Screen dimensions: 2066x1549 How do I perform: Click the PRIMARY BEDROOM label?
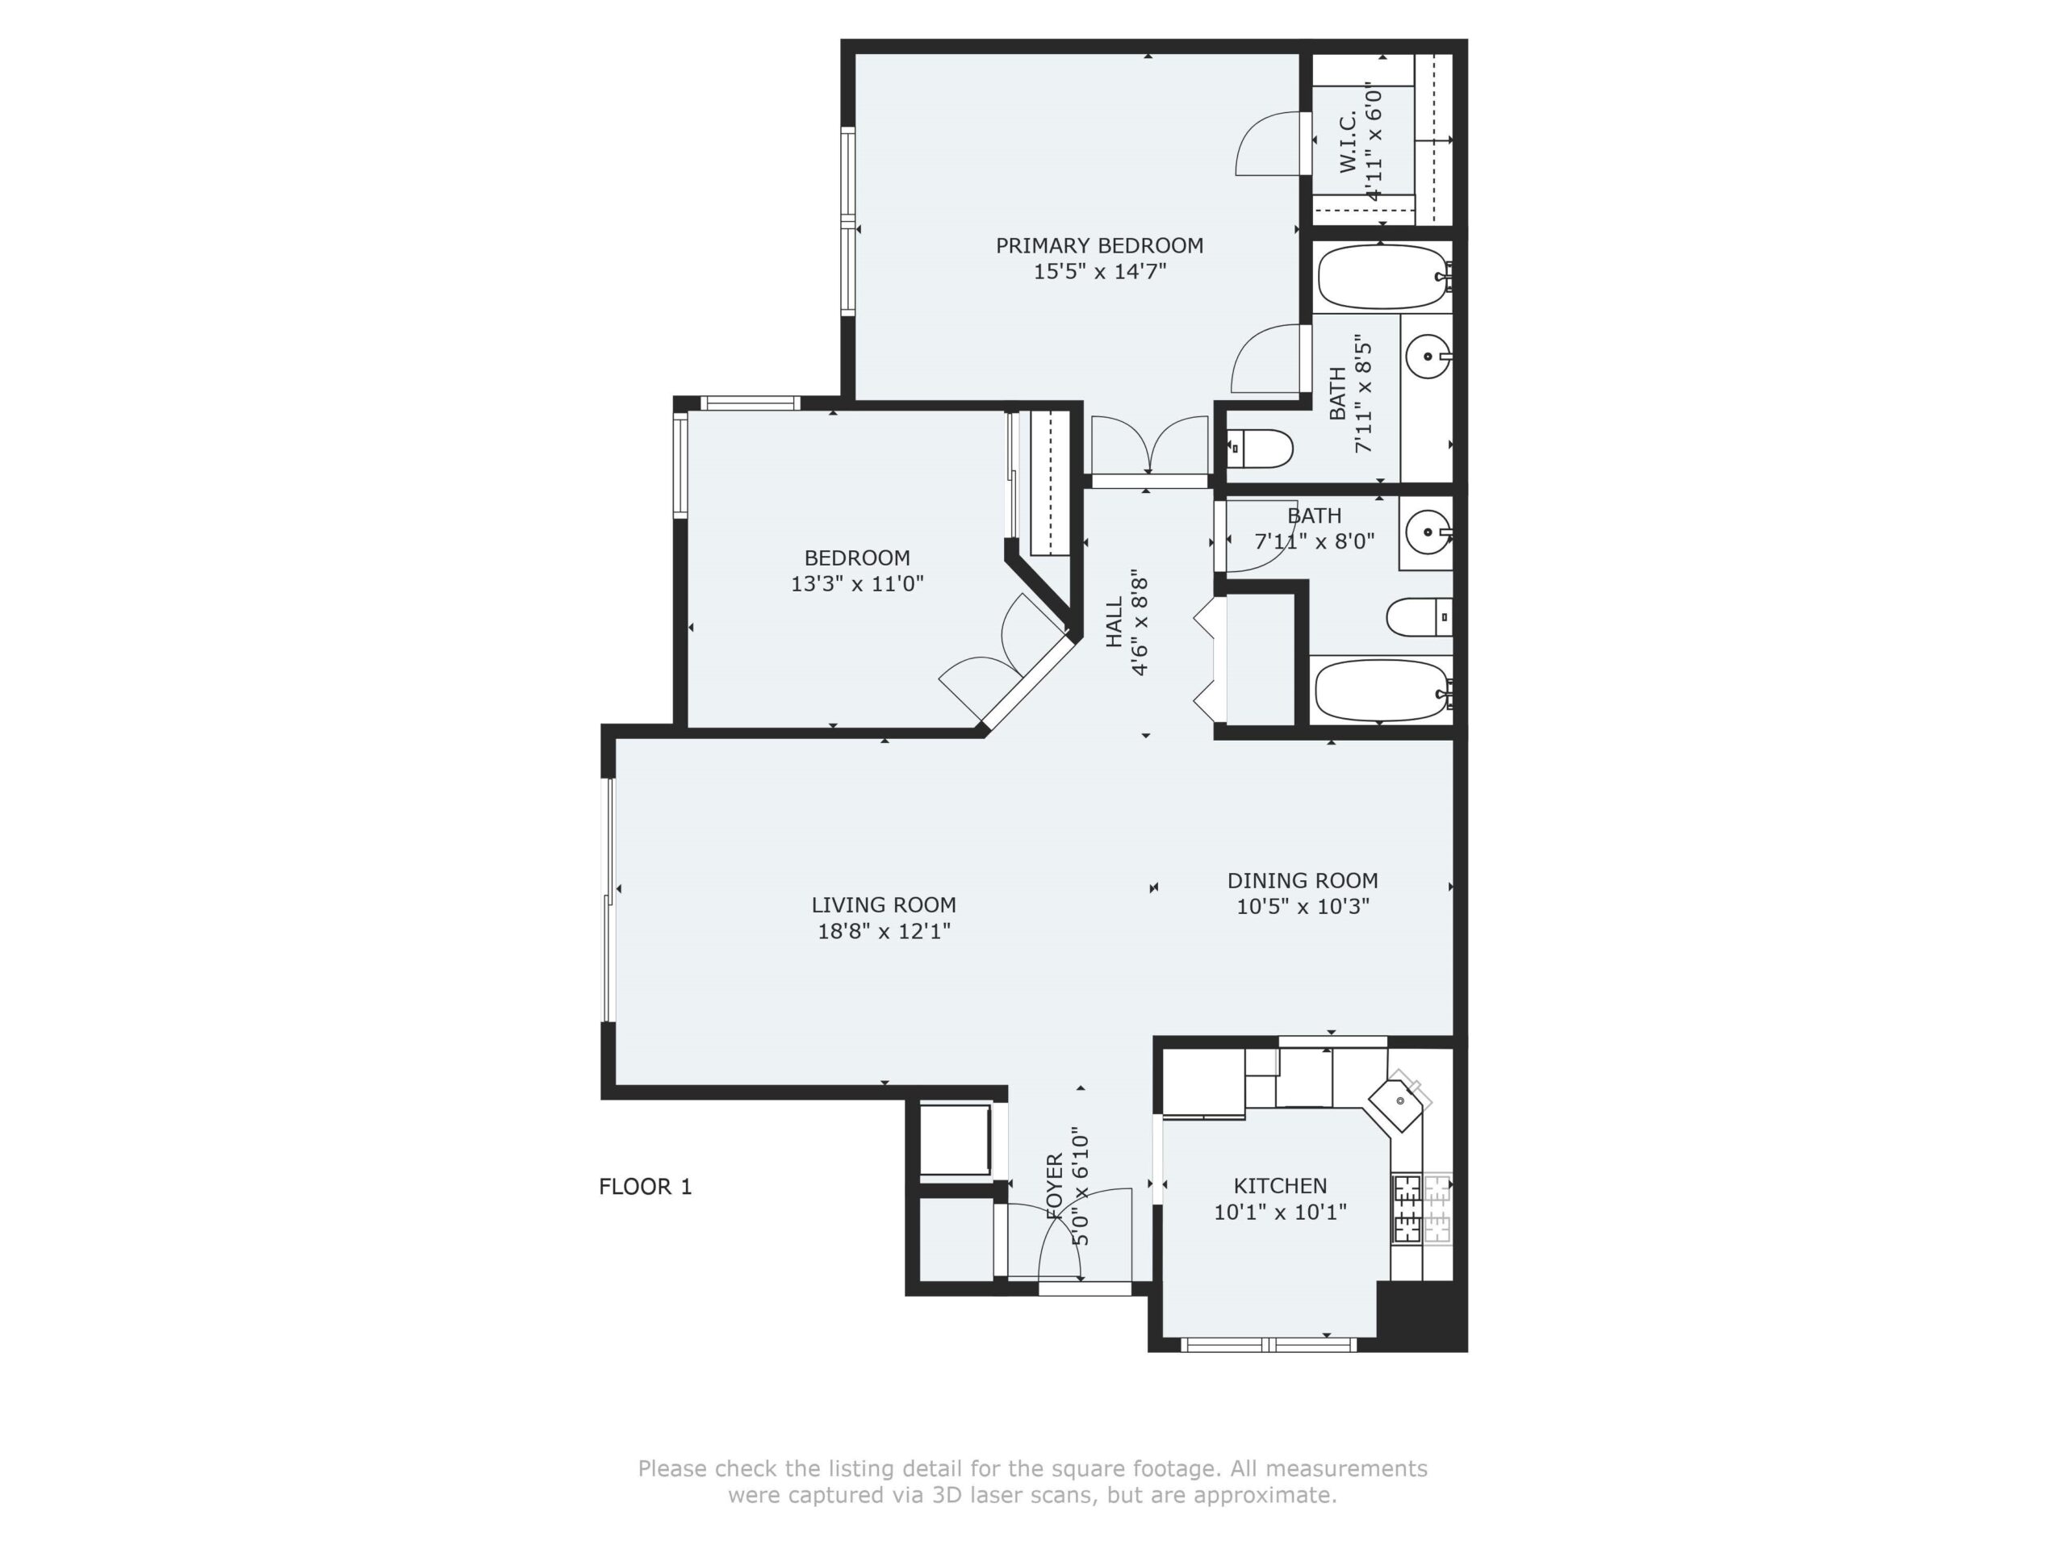[1099, 245]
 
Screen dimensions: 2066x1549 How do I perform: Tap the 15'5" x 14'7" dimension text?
[1099, 272]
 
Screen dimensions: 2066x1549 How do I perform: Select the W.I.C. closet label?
[1347, 142]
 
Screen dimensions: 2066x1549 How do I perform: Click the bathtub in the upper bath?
[1383, 278]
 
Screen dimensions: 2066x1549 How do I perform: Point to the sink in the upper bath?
[1429, 356]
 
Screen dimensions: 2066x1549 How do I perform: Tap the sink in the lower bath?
[1429, 533]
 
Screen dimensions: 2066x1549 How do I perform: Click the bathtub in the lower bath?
[1383, 690]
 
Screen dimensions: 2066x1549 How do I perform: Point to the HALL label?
[1115, 622]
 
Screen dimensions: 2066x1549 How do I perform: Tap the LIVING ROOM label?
[884, 904]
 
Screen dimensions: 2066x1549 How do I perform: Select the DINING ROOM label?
[1303, 880]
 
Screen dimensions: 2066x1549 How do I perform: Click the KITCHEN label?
[1281, 1186]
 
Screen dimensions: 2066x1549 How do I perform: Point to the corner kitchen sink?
[1399, 1103]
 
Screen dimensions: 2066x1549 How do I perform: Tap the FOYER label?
[1055, 1187]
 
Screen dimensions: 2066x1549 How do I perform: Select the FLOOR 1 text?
[646, 1187]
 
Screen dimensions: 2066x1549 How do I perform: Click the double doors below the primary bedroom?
[1150, 447]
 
